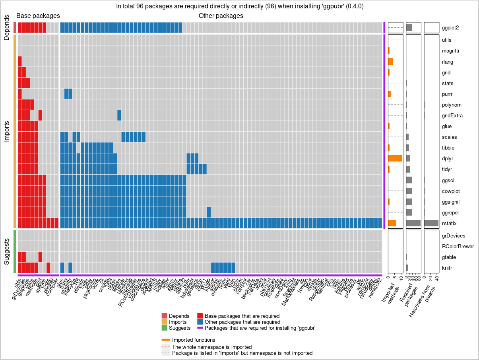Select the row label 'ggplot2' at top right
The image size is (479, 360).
tap(450, 28)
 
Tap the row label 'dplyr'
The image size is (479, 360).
tap(448, 159)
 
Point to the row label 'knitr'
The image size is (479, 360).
tap(448, 268)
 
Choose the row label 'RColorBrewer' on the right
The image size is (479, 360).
tap(458, 247)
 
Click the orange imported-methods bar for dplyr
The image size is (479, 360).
tap(395, 158)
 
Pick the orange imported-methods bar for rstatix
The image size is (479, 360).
tap(392, 223)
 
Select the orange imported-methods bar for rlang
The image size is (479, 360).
tap(390, 62)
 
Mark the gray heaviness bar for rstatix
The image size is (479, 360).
tap(431, 223)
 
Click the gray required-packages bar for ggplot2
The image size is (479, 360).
tap(409, 28)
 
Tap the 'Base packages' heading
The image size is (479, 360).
tap(38, 16)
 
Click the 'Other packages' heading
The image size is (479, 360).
tap(221, 16)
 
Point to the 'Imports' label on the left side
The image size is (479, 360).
tap(7, 131)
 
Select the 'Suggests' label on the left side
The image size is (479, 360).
tap(7, 251)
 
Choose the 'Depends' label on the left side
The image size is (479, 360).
tap(7, 27)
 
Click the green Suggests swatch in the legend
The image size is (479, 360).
tap(165, 328)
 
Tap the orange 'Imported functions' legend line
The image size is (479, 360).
tap(166, 340)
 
